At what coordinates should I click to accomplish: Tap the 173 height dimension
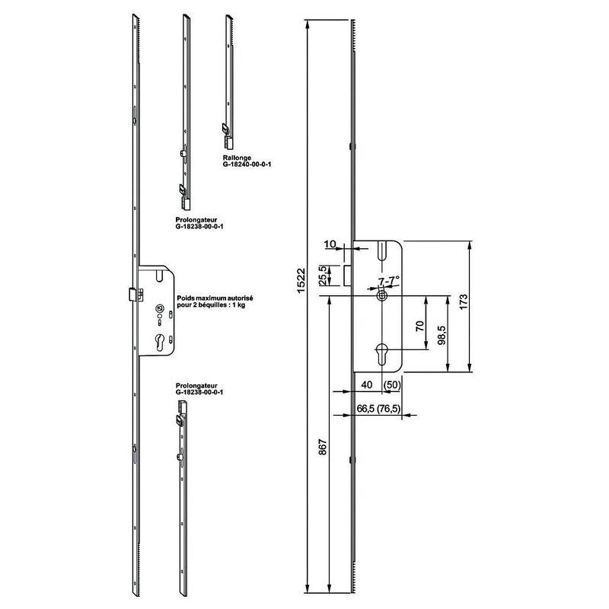pos(464,303)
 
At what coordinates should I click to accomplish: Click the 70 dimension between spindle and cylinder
pos(419,326)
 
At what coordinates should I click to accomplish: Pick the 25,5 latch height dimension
pos(322,276)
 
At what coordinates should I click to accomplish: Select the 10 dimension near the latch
pos(330,244)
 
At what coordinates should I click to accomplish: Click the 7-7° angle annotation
pos(389,281)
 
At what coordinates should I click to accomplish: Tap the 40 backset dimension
pos(367,384)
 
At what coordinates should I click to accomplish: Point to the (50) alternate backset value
pos(391,385)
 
